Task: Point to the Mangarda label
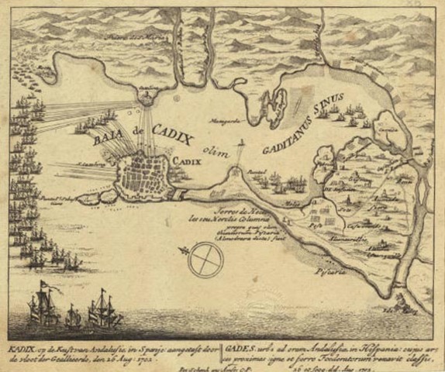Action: (225, 121)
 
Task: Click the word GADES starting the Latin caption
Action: (236, 339)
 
